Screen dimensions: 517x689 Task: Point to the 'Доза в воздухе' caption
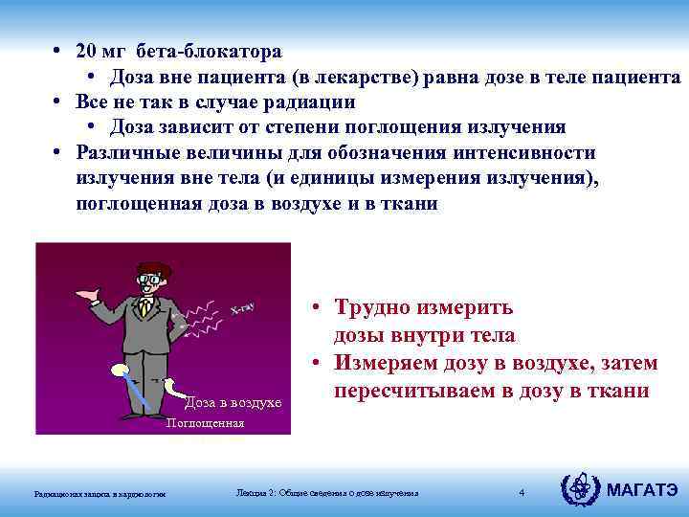(x=233, y=402)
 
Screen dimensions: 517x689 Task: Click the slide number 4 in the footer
(x=522, y=493)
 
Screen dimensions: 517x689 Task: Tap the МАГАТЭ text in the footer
(x=643, y=491)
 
